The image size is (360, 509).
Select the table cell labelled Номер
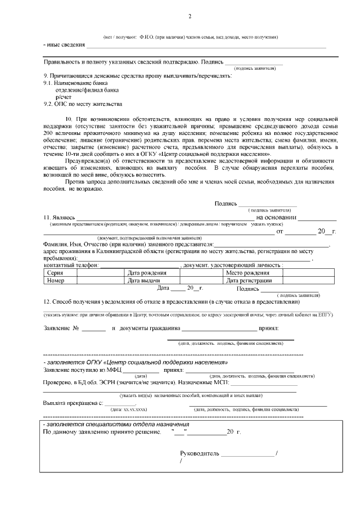(56, 280)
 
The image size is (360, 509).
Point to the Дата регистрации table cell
(251, 280)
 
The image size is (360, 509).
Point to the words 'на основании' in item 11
(276, 217)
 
